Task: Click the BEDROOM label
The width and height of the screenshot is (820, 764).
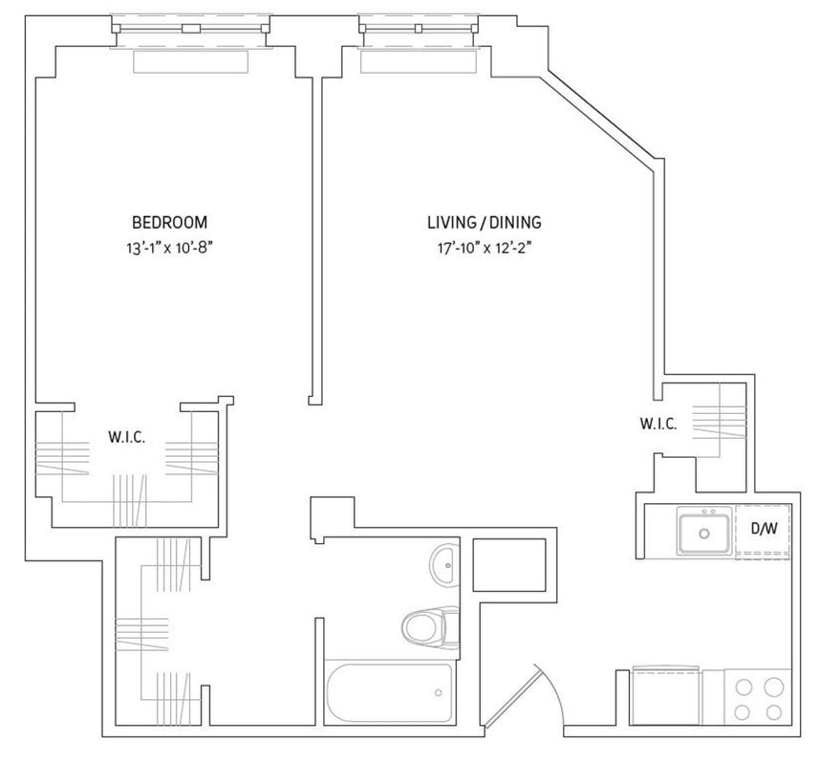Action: [x=169, y=222]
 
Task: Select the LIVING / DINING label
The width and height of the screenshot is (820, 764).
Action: [x=484, y=222]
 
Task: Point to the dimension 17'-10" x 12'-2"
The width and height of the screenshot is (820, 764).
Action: [x=484, y=249]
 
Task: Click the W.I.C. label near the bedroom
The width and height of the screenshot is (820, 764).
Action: [x=126, y=437]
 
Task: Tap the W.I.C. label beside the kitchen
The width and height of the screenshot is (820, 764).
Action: [x=658, y=424]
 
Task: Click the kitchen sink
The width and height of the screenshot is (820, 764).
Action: [x=704, y=531]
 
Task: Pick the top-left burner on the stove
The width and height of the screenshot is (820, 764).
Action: [x=743, y=686]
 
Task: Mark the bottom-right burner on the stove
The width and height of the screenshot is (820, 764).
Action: [x=773, y=712]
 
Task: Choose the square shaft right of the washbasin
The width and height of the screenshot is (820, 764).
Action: [x=509, y=565]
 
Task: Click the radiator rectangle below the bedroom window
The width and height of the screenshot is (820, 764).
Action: [x=191, y=62]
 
